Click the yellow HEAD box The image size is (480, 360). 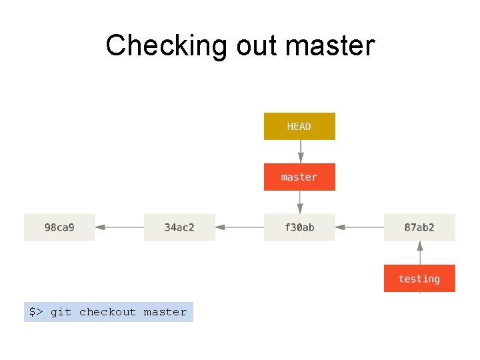pos(299,126)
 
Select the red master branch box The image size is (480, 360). pos(299,177)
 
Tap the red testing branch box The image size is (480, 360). pos(419,278)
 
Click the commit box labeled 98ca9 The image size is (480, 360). pos(59,227)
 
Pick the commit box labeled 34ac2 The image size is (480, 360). pos(179,227)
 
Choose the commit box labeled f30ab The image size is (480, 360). pos(299,227)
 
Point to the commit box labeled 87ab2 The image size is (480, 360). pos(419,227)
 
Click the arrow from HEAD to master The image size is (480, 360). pos(301,151)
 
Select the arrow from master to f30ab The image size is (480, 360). pos(300,202)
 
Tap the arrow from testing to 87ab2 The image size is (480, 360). pos(420,253)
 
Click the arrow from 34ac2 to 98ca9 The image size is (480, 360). pos(120,227)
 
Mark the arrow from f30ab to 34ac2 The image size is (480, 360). pos(240,227)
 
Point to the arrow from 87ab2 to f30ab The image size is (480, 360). pos(360,227)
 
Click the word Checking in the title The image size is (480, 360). pos(166,46)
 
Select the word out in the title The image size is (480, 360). pos(257,47)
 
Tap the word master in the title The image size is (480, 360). pos(330,47)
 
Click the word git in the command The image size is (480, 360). pos(61,312)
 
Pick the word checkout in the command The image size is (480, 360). pos(107,312)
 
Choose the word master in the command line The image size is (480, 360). pos(165,312)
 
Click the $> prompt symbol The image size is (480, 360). pos(36,312)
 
